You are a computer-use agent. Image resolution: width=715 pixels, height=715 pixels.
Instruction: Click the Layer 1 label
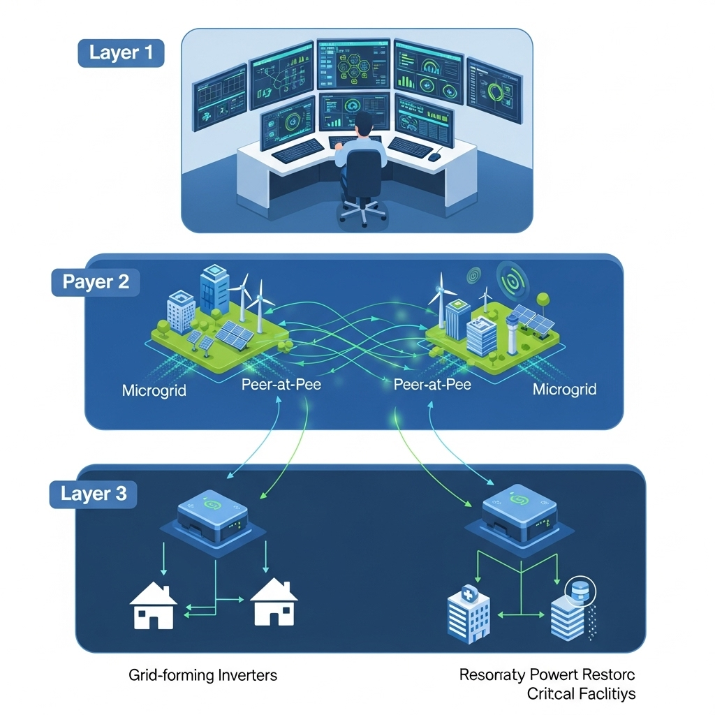(x=120, y=53)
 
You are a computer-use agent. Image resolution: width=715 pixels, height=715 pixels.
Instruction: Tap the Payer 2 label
(x=96, y=282)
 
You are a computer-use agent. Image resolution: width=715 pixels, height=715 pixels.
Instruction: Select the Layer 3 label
(x=94, y=494)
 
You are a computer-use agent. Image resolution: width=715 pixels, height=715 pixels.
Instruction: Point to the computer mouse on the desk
(x=434, y=157)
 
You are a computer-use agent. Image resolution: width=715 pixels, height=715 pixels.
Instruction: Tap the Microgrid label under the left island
(x=154, y=390)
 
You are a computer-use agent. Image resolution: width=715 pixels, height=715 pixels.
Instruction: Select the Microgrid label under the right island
(x=564, y=389)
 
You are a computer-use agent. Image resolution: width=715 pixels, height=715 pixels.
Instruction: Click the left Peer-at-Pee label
(x=281, y=385)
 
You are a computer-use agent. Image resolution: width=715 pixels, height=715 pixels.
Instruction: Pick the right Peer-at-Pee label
(x=432, y=385)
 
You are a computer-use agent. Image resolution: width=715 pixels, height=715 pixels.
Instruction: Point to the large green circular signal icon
(x=513, y=280)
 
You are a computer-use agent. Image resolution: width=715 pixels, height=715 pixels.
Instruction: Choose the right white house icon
(x=274, y=605)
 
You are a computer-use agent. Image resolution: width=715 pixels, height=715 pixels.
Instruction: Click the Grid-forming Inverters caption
(x=203, y=675)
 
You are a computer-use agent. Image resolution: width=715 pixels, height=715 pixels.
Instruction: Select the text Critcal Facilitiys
(x=581, y=694)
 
